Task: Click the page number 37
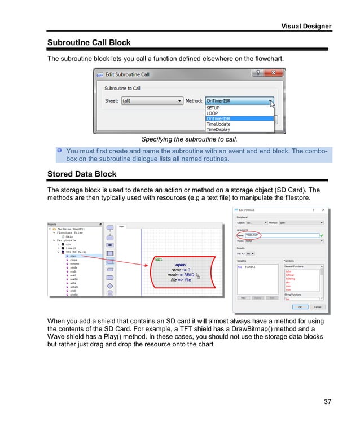(327, 402)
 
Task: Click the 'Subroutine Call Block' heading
(89, 42)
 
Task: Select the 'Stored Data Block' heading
(82, 174)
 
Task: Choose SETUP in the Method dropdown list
(213, 107)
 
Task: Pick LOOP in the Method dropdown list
(212, 113)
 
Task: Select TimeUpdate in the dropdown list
(218, 124)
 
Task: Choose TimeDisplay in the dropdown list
(218, 129)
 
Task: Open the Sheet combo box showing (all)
(152, 101)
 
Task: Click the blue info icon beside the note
(59, 151)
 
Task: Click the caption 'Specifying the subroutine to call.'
(189, 139)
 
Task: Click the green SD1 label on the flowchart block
(159, 260)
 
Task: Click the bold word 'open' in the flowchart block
(180, 265)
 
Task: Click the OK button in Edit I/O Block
(300, 307)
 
